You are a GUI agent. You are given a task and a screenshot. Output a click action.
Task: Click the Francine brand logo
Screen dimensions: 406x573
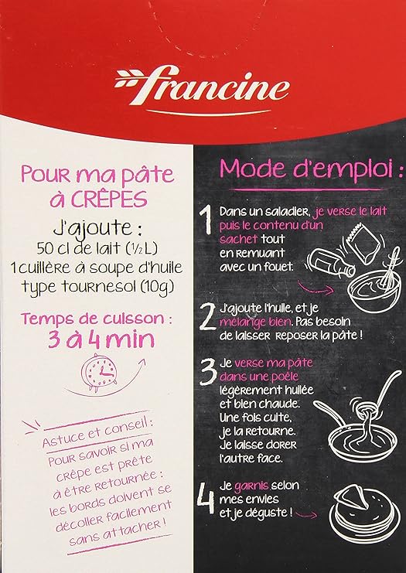(x=202, y=88)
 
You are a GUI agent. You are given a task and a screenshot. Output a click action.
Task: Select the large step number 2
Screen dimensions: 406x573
(x=208, y=317)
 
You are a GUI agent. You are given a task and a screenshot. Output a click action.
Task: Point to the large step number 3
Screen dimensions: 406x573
(x=208, y=371)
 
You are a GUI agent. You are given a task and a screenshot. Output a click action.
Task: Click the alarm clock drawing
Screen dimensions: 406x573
(x=99, y=371)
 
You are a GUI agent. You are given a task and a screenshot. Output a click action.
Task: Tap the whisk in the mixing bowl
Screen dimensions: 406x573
(x=389, y=268)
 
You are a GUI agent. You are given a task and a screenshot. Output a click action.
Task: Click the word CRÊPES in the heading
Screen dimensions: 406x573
(x=109, y=200)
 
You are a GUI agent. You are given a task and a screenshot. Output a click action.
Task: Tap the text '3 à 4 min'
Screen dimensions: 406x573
(x=101, y=339)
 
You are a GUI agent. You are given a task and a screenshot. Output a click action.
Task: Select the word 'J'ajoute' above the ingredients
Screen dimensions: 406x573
(x=92, y=229)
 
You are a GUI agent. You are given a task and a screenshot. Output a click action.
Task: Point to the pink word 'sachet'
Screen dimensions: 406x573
(x=239, y=239)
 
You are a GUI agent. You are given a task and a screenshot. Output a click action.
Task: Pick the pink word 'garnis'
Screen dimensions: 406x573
(x=252, y=486)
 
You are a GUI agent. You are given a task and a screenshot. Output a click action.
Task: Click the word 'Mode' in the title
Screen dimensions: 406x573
(x=252, y=168)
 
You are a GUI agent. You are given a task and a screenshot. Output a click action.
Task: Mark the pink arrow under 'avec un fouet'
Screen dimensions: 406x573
(x=316, y=288)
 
